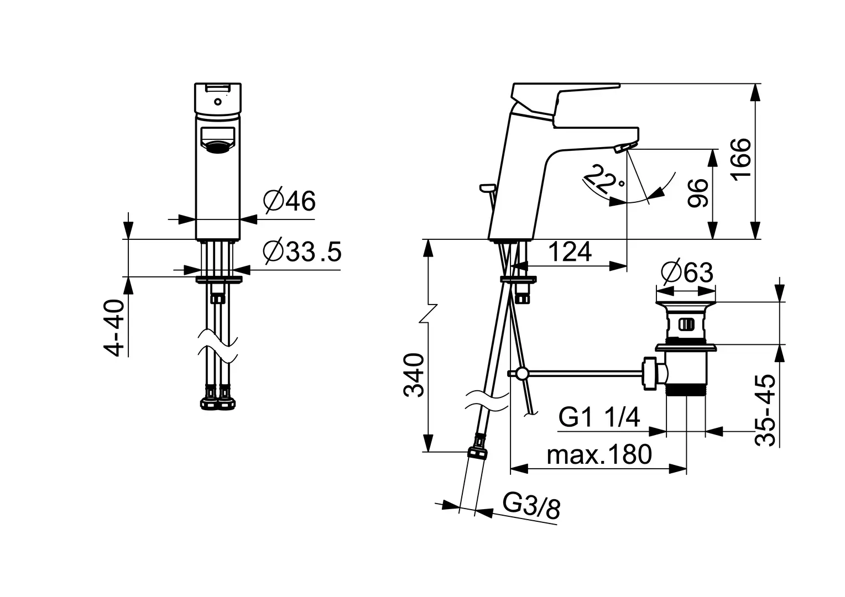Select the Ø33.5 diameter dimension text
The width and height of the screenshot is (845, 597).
click(x=302, y=251)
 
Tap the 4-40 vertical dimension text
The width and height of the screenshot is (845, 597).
click(x=114, y=327)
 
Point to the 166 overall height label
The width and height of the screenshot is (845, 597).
click(x=740, y=159)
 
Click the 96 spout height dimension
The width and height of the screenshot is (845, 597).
click(x=697, y=193)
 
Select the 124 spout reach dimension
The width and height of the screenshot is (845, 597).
click(x=570, y=252)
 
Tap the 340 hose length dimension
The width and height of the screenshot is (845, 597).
click(x=414, y=375)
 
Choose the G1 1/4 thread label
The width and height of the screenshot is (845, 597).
click(x=599, y=417)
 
